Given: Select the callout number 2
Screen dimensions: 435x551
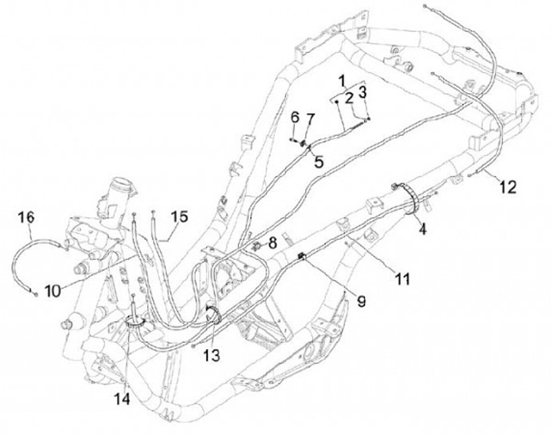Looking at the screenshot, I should click(348, 98).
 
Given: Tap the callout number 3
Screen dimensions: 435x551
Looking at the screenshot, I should click(364, 93).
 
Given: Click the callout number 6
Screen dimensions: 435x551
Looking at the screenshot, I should click(295, 117).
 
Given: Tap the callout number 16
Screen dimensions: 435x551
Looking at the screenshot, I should click(26, 218).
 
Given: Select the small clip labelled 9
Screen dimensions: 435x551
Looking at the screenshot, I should click(303, 256).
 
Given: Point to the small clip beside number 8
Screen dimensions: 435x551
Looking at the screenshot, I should click(258, 246).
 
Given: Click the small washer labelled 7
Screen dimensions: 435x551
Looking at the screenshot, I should click(304, 141).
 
